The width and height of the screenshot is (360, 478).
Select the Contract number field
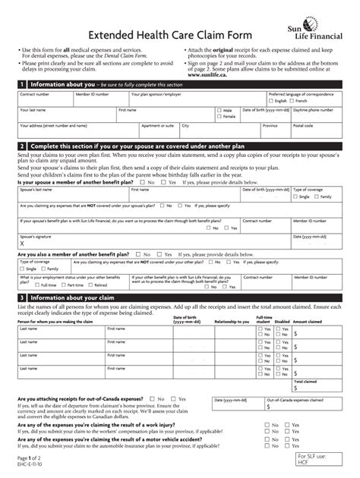click(x=44, y=99)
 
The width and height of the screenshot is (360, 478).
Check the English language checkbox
click(x=273, y=100)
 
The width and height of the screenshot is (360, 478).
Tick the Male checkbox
click(x=219, y=111)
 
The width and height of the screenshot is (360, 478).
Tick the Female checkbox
click(x=219, y=117)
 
